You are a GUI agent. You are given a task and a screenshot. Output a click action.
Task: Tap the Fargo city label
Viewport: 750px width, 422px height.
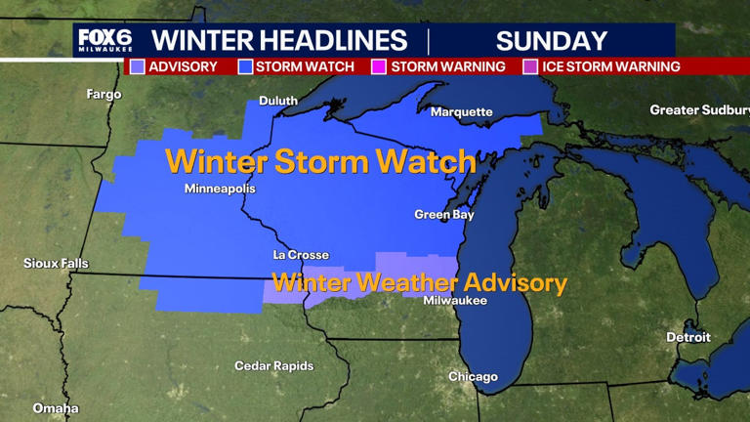pos(104,95)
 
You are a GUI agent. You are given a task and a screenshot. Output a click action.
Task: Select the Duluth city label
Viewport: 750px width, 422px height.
pos(278,101)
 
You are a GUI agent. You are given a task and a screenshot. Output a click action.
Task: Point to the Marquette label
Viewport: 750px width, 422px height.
pos(462,111)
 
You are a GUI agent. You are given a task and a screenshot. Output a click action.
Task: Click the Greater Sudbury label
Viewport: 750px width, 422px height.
pos(699,110)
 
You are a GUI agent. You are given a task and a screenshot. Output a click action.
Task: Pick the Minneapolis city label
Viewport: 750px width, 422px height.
pos(220,189)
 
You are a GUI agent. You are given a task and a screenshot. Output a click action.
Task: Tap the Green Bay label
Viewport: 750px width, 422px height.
pos(444,214)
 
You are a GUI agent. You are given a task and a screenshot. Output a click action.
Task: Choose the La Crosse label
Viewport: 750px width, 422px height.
pos(301,255)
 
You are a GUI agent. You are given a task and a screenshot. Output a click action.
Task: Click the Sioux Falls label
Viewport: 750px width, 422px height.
pos(56,264)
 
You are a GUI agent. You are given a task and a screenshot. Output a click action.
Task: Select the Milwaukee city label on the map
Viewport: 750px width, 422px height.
pos(455,301)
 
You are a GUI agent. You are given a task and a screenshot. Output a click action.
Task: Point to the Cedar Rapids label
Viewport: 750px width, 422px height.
pos(274,366)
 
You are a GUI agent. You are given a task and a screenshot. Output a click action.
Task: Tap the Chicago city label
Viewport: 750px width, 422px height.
pos(473,377)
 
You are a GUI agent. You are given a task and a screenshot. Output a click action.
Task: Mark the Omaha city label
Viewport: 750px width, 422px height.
pos(56,408)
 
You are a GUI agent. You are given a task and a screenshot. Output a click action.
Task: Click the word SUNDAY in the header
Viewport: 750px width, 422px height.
pos(552,41)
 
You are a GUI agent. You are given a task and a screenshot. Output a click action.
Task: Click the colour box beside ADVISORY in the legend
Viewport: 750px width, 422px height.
pos(138,66)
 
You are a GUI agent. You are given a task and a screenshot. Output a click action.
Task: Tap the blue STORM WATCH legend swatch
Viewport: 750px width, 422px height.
pos(245,66)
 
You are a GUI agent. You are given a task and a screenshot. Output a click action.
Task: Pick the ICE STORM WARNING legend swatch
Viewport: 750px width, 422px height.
pos(530,66)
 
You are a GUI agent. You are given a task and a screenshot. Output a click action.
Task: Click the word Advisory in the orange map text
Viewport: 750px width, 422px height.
pos(515,283)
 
